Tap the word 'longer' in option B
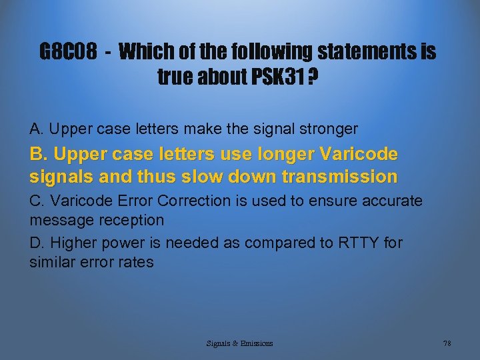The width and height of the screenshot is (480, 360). tap(280, 155)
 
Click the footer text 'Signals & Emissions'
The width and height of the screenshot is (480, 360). tap(239, 343)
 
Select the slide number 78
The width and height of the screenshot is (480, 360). tap(447, 343)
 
